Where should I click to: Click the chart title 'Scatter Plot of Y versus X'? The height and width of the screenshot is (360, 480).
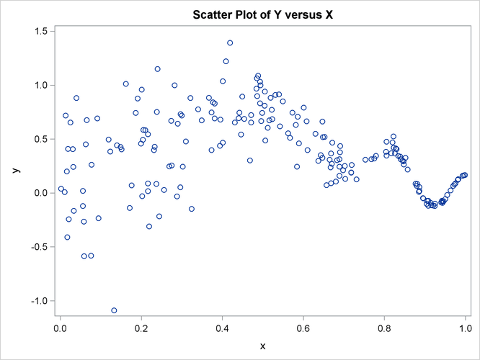click(x=262, y=14)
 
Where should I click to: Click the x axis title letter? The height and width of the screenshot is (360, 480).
click(x=262, y=346)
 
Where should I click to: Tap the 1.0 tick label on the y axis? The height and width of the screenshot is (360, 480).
click(x=40, y=85)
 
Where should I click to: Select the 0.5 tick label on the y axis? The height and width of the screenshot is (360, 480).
click(x=40, y=139)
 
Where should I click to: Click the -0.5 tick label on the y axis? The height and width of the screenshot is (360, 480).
click(x=38, y=247)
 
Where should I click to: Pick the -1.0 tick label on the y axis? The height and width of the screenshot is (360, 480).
click(x=38, y=301)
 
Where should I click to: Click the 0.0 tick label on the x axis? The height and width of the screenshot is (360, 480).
click(x=61, y=329)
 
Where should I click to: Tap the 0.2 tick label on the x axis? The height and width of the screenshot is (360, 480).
click(x=141, y=329)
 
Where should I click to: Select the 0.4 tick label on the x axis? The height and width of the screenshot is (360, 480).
click(x=223, y=329)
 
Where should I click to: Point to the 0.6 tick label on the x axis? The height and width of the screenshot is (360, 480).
click(x=303, y=329)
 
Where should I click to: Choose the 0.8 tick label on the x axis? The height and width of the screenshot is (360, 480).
click(x=384, y=329)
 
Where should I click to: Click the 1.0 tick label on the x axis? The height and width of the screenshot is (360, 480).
click(x=465, y=329)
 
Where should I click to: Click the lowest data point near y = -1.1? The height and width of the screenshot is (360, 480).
click(x=114, y=310)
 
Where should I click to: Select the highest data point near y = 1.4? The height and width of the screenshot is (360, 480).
click(x=230, y=43)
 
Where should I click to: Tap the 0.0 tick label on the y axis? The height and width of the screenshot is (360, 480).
click(x=40, y=193)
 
